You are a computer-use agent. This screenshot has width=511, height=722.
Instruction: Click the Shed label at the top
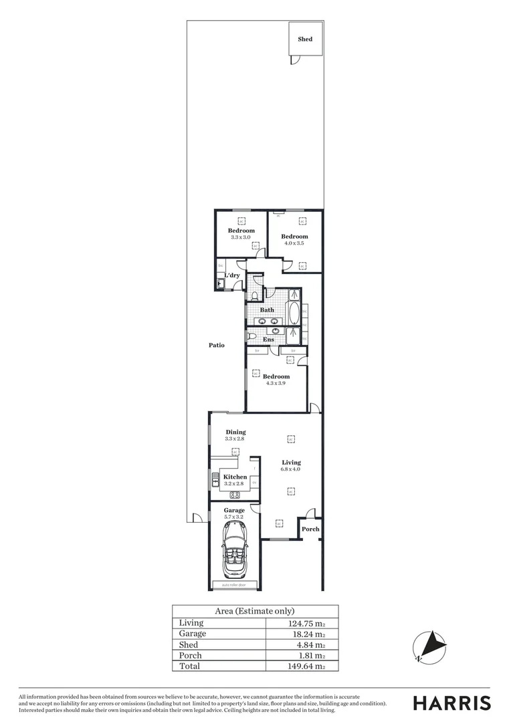click(305, 39)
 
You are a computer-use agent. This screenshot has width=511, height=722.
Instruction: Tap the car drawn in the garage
click(234, 551)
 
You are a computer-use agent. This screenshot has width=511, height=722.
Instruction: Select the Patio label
click(216, 346)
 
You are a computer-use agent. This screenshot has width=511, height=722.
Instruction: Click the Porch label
click(310, 529)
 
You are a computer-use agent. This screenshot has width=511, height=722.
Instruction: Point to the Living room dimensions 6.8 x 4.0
click(291, 469)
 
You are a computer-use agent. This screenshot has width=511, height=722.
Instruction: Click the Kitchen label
click(235, 477)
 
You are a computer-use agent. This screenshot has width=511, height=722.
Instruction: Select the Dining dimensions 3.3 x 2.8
click(235, 439)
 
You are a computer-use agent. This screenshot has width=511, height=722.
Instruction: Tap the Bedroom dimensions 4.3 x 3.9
click(276, 384)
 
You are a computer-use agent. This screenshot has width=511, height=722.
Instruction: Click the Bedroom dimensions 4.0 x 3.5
click(294, 243)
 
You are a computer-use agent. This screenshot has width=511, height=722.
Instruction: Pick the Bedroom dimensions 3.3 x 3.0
click(241, 237)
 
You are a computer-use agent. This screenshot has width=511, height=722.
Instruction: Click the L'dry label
click(232, 275)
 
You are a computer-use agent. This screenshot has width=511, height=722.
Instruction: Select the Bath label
click(267, 310)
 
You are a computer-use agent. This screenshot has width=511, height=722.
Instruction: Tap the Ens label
click(268, 340)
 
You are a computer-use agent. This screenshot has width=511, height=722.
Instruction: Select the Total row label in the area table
click(189, 667)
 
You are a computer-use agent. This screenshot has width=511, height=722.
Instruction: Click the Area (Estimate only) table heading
click(255, 611)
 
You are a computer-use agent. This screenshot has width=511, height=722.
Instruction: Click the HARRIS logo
click(451, 703)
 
